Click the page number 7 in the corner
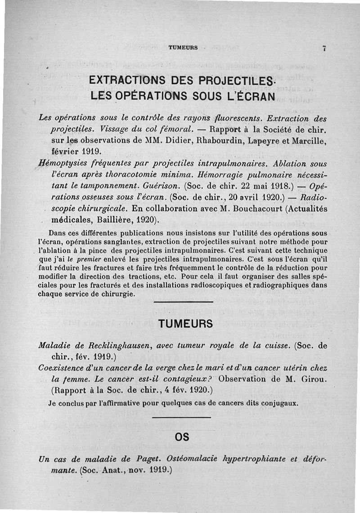pos(324,49)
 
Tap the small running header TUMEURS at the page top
pos(183,48)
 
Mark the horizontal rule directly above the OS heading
pos(181,418)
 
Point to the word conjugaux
pos(280,403)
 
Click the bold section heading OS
pos(181,437)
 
